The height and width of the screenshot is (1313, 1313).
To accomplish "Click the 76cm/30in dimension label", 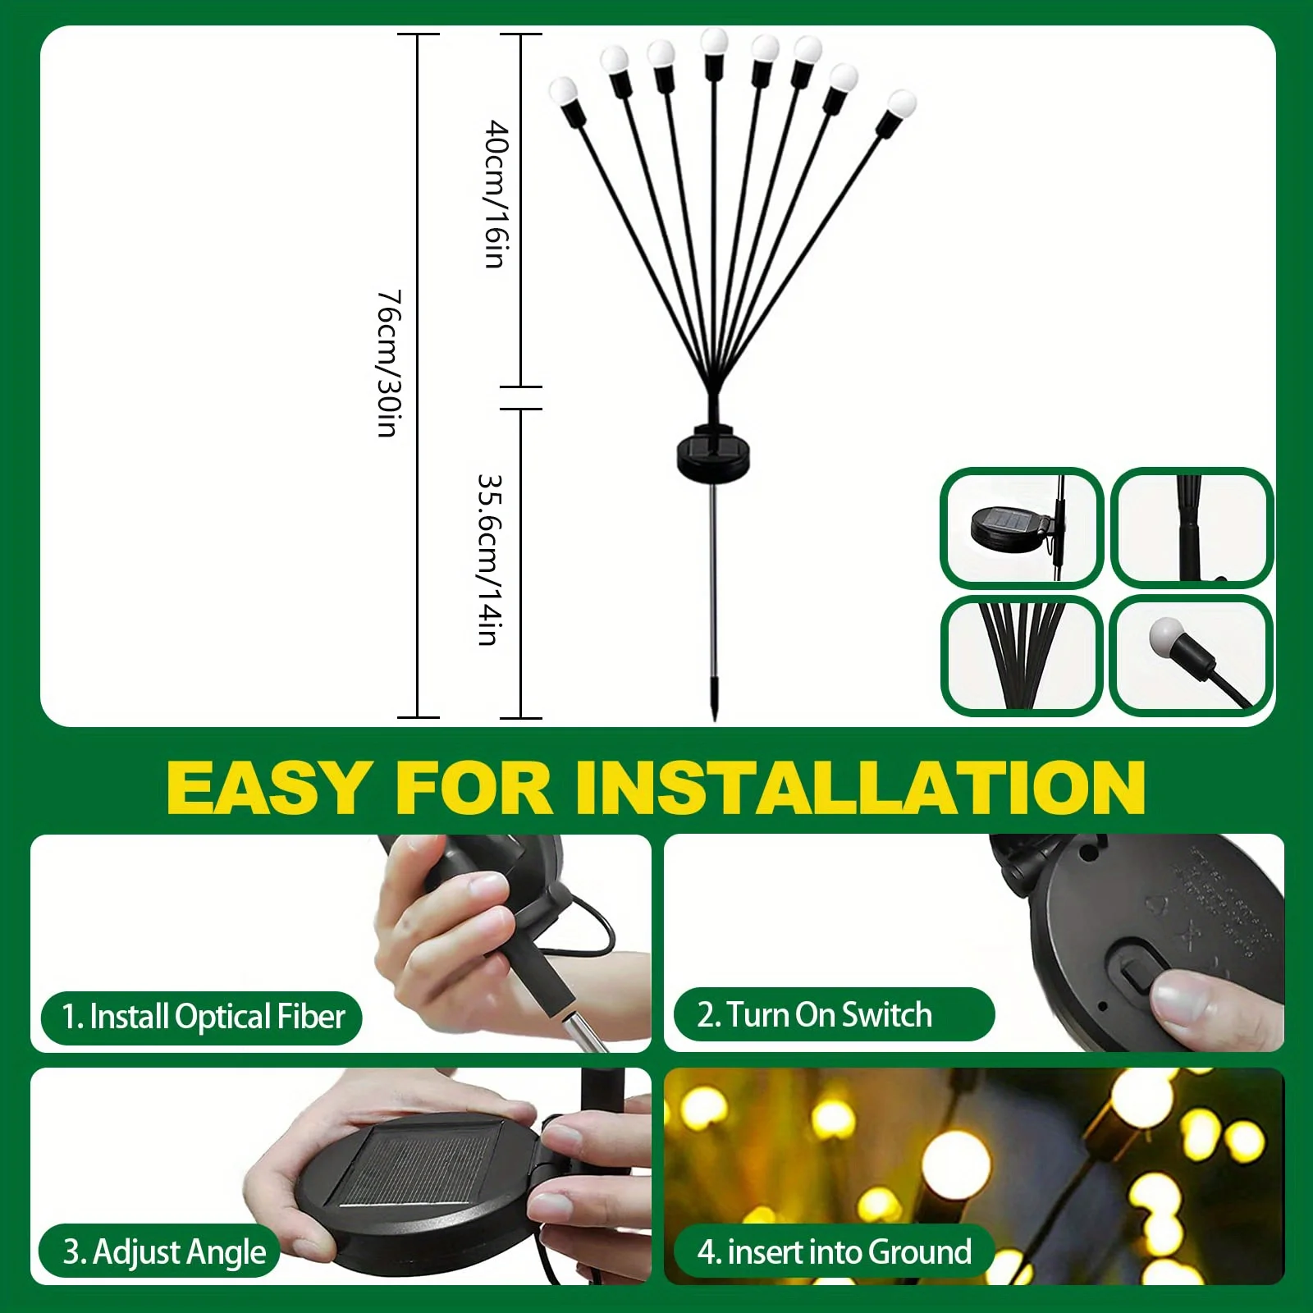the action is [388, 363].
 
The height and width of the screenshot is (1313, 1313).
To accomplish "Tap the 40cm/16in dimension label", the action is [496, 194].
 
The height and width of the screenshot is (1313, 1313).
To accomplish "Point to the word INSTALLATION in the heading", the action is [860, 787].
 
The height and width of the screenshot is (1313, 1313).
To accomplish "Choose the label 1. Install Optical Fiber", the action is [203, 1017].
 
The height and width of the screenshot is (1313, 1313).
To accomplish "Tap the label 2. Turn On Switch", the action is [814, 1015].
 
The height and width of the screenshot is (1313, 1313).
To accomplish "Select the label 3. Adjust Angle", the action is [164, 1252].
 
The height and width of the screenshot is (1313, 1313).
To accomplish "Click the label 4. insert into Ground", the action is [834, 1252].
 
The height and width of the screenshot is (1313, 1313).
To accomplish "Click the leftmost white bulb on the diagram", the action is [564, 91].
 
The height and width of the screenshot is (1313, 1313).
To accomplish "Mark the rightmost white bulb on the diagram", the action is [900, 103].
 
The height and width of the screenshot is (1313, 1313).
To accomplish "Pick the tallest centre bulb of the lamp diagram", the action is [714, 41].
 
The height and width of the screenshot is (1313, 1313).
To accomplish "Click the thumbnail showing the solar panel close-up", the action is [1020, 528].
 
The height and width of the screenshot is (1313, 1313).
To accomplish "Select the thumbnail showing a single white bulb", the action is [1191, 654].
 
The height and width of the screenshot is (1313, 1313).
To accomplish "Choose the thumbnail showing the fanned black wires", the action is [1021, 655].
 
